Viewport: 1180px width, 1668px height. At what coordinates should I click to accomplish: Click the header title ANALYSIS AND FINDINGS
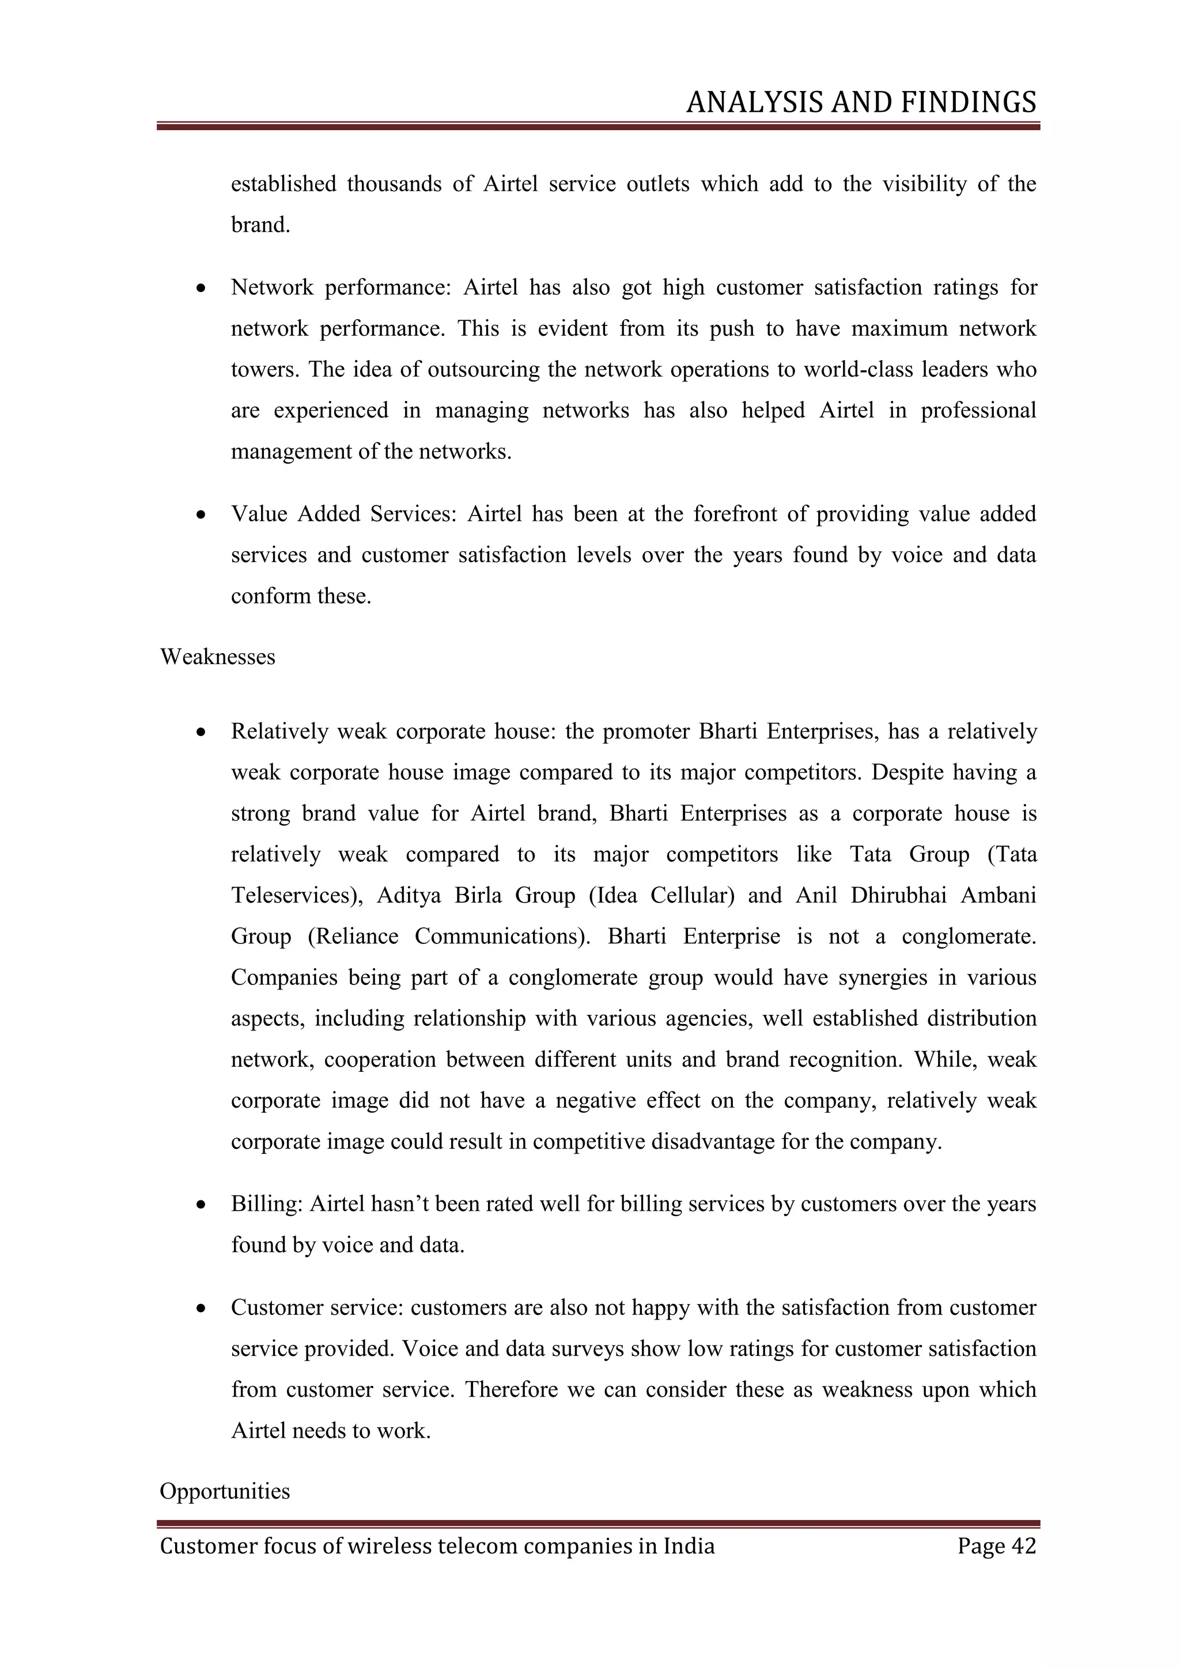pos(860,103)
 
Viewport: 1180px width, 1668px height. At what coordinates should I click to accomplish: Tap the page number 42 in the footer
pos(1023,1545)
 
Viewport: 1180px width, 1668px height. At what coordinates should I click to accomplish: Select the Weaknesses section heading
pos(217,657)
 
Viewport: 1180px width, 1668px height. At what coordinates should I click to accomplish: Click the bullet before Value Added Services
pos(201,515)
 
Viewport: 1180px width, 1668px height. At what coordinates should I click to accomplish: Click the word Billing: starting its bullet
pos(267,1204)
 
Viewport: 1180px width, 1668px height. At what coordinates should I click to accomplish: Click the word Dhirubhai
pos(898,895)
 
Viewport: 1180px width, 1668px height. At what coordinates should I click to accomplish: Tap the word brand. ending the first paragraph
pos(260,225)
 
